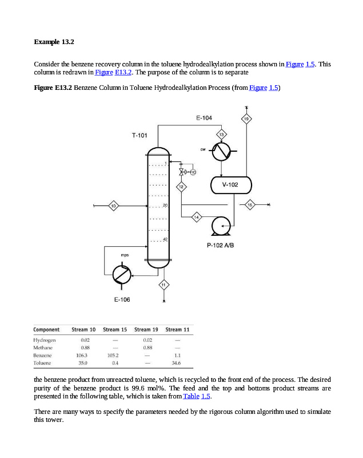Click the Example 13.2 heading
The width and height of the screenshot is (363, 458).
pyautogui.click(x=54, y=42)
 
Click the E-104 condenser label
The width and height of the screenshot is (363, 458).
pyautogui.click(x=204, y=118)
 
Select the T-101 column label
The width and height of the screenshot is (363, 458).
pyautogui.click(x=139, y=136)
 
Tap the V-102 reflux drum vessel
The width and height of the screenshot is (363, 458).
pyautogui.click(x=230, y=185)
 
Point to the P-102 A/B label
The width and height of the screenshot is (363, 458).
pyautogui.click(x=221, y=246)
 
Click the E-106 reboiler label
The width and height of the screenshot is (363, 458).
pyautogui.click(x=122, y=299)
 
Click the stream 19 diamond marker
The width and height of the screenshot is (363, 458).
pyautogui.click(x=246, y=119)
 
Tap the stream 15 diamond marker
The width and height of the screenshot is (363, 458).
pyautogui.click(x=249, y=204)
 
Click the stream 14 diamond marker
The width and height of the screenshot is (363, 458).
pyautogui.click(x=196, y=216)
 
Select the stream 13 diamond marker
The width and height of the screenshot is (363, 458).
pyautogui.click(x=221, y=134)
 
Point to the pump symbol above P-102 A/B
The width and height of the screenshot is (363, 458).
pyautogui.click(x=220, y=226)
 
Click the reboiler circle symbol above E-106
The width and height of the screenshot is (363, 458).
pyautogui.click(x=121, y=274)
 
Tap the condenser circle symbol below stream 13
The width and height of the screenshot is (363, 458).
pyautogui.click(x=221, y=151)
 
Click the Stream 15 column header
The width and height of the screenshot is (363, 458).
pyautogui.click(x=115, y=330)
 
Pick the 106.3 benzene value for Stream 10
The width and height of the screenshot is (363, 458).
pyautogui.click(x=82, y=355)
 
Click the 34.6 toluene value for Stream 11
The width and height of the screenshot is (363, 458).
pyautogui.click(x=176, y=363)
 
